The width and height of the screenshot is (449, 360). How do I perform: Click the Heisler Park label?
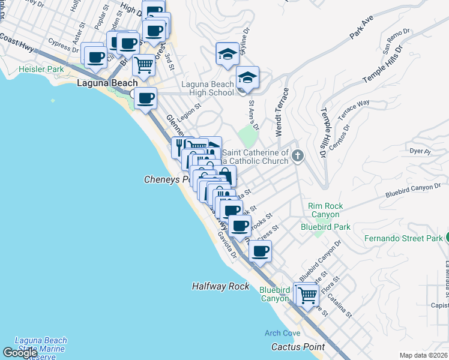(x=41, y=70)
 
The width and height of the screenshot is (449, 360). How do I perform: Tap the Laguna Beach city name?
(x=107, y=83)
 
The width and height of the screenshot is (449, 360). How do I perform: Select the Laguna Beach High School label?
(x=207, y=88)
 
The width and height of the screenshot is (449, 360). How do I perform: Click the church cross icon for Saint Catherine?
(x=297, y=157)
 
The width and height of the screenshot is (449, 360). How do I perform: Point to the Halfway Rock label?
(x=220, y=286)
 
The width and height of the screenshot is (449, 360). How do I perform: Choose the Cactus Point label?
(x=298, y=347)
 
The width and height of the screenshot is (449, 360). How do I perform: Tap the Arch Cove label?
(x=282, y=333)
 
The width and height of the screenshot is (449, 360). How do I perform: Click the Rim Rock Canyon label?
(x=325, y=210)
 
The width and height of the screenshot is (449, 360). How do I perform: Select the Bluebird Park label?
(x=325, y=227)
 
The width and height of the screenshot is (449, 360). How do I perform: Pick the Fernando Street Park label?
(x=403, y=238)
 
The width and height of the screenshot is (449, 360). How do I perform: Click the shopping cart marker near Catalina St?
(x=307, y=294)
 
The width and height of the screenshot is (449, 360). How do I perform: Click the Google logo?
(x=20, y=353)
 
